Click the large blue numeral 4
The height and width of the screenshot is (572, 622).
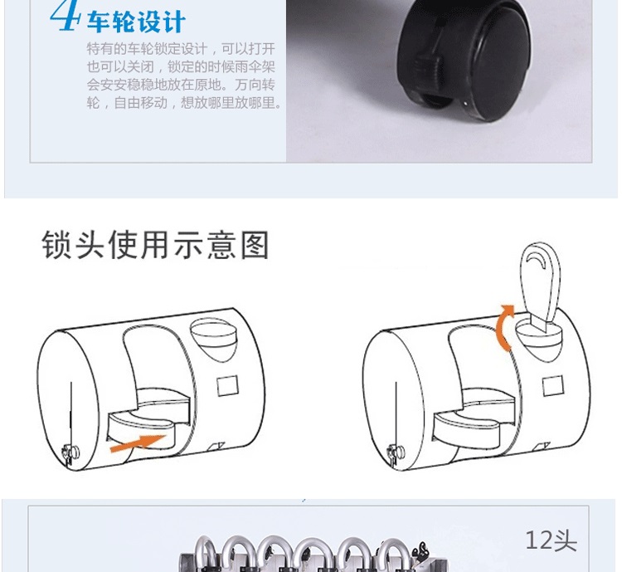click(x=65, y=15)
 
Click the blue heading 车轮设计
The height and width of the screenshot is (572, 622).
click(x=136, y=22)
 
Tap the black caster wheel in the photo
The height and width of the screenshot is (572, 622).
click(x=464, y=60)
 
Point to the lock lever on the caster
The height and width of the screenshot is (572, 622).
click(x=429, y=64)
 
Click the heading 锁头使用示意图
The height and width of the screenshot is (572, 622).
click(x=155, y=245)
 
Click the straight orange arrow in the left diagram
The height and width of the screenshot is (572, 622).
click(x=138, y=443)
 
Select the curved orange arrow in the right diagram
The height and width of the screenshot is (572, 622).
click(x=504, y=328)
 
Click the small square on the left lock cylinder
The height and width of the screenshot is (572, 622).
click(x=228, y=386)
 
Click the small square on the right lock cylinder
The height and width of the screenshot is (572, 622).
click(x=553, y=386)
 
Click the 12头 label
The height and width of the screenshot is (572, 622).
click(x=551, y=540)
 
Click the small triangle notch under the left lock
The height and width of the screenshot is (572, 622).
click(x=216, y=446)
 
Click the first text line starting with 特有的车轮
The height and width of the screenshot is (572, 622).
click(x=181, y=49)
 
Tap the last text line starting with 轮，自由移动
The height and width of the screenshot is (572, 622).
click(x=185, y=103)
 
